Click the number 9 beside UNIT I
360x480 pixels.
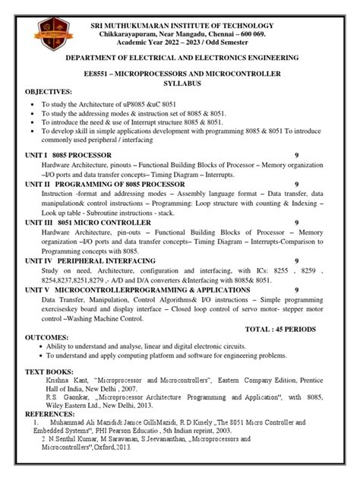296,155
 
